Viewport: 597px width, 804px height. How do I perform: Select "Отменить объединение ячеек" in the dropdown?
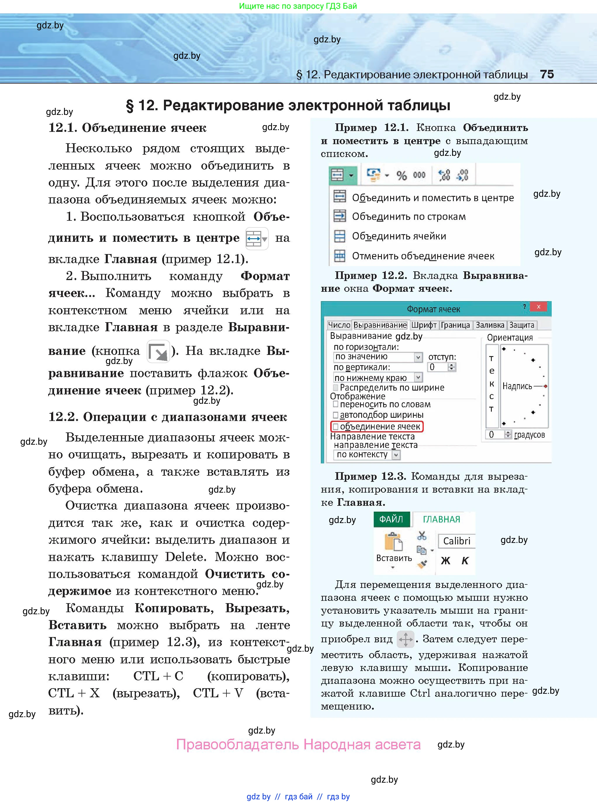click(x=423, y=256)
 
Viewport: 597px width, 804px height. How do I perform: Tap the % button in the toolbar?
click(x=402, y=176)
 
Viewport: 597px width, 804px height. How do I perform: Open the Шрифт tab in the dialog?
click(x=423, y=325)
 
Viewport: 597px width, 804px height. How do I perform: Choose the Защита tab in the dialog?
click(x=522, y=325)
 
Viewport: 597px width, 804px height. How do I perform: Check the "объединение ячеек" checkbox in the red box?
click(x=336, y=427)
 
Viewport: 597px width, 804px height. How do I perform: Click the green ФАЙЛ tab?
click(x=391, y=519)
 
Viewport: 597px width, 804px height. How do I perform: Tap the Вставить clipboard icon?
click(x=393, y=542)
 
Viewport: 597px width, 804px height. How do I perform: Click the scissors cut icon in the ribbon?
click(x=422, y=535)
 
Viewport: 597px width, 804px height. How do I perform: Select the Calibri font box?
click(x=456, y=541)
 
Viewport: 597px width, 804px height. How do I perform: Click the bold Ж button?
click(x=446, y=560)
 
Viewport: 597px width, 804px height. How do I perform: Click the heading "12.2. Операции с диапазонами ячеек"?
click(x=168, y=417)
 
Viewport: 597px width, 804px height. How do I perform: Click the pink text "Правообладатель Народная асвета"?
click(x=298, y=744)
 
